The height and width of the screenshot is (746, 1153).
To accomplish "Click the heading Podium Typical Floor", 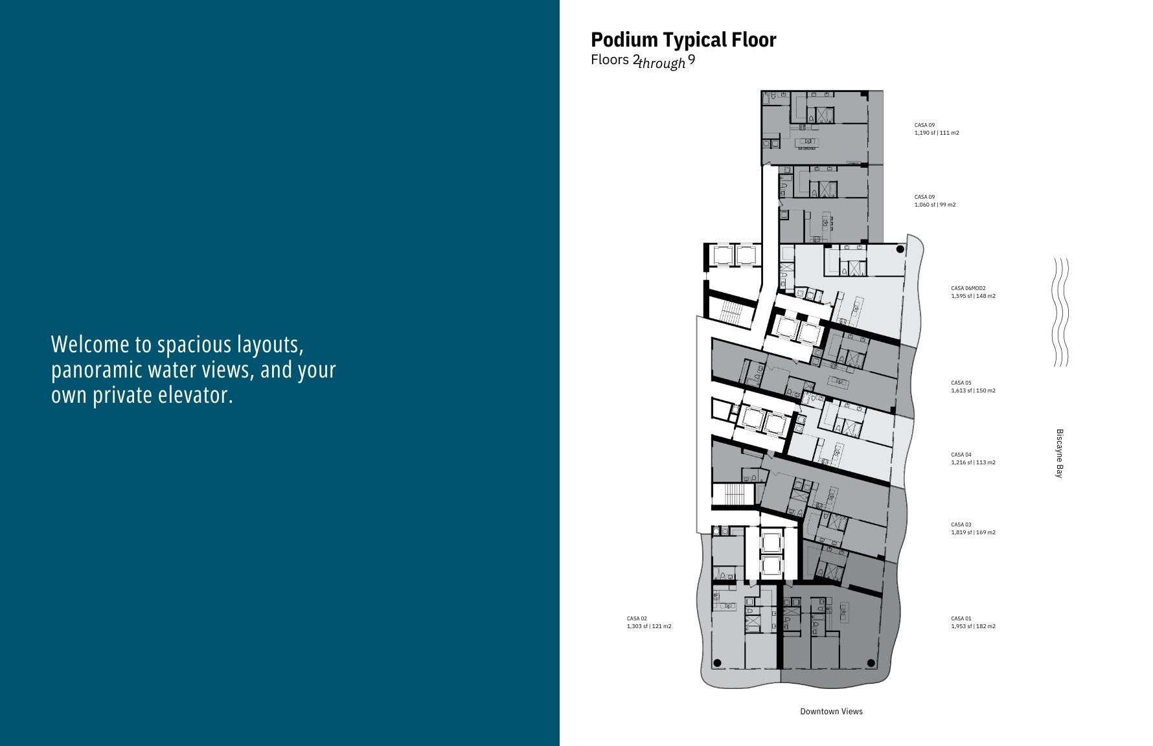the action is click(x=683, y=40).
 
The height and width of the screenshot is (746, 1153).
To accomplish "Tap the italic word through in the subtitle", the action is click(x=662, y=63).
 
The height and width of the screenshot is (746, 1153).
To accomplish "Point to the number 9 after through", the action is click(x=692, y=60).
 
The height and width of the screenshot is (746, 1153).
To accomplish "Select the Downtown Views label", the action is click(x=831, y=711).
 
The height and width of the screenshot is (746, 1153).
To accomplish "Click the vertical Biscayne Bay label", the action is click(x=1060, y=453).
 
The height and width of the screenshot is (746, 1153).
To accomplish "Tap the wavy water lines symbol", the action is click(x=1060, y=312).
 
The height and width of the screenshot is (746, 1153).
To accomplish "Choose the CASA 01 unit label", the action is click(x=961, y=618).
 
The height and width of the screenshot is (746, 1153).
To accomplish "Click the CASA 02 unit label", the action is click(x=637, y=618).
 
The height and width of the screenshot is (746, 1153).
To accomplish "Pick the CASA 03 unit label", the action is click(x=961, y=525).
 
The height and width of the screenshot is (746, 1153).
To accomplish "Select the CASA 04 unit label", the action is click(x=961, y=455).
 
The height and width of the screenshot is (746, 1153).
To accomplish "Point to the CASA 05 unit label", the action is click(x=961, y=383).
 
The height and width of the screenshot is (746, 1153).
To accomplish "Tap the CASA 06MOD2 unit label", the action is click(x=968, y=288).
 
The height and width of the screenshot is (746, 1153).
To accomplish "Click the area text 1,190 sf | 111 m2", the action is click(x=937, y=133).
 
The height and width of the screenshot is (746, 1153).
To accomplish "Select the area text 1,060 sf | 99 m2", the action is click(x=935, y=205).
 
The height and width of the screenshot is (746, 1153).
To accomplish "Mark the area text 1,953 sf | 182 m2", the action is click(x=973, y=626).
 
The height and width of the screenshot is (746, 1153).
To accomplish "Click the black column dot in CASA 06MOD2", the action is click(x=900, y=249).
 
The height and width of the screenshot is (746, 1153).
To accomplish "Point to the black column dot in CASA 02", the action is click(x=717, y=662).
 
